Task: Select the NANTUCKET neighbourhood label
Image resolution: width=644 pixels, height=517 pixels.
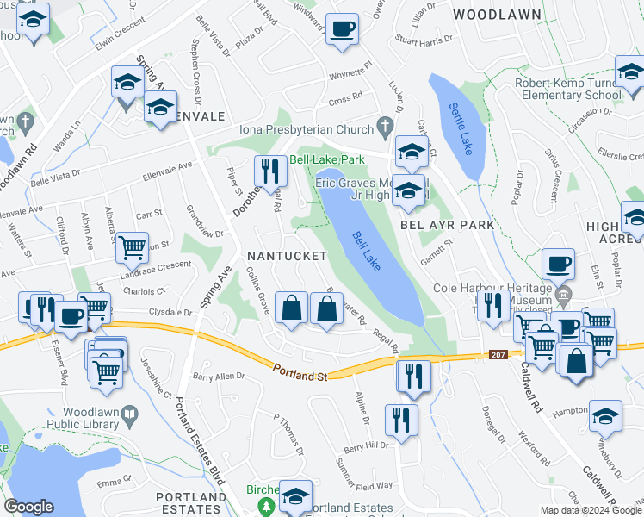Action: click(x=287, y=256)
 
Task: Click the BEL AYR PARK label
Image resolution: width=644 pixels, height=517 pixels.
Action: click(x=448, y=225)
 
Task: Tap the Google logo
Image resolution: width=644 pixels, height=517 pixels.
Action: click(x=28, y=506)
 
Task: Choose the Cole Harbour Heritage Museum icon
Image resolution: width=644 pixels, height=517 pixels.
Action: click(x=564, y=298)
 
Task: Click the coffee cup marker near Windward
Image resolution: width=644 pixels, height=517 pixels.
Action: click(x=342, y=29)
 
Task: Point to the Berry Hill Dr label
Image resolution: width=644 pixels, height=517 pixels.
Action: click(x=367, y=445)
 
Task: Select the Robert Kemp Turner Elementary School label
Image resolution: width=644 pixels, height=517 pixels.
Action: click(x=569, y=90)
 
